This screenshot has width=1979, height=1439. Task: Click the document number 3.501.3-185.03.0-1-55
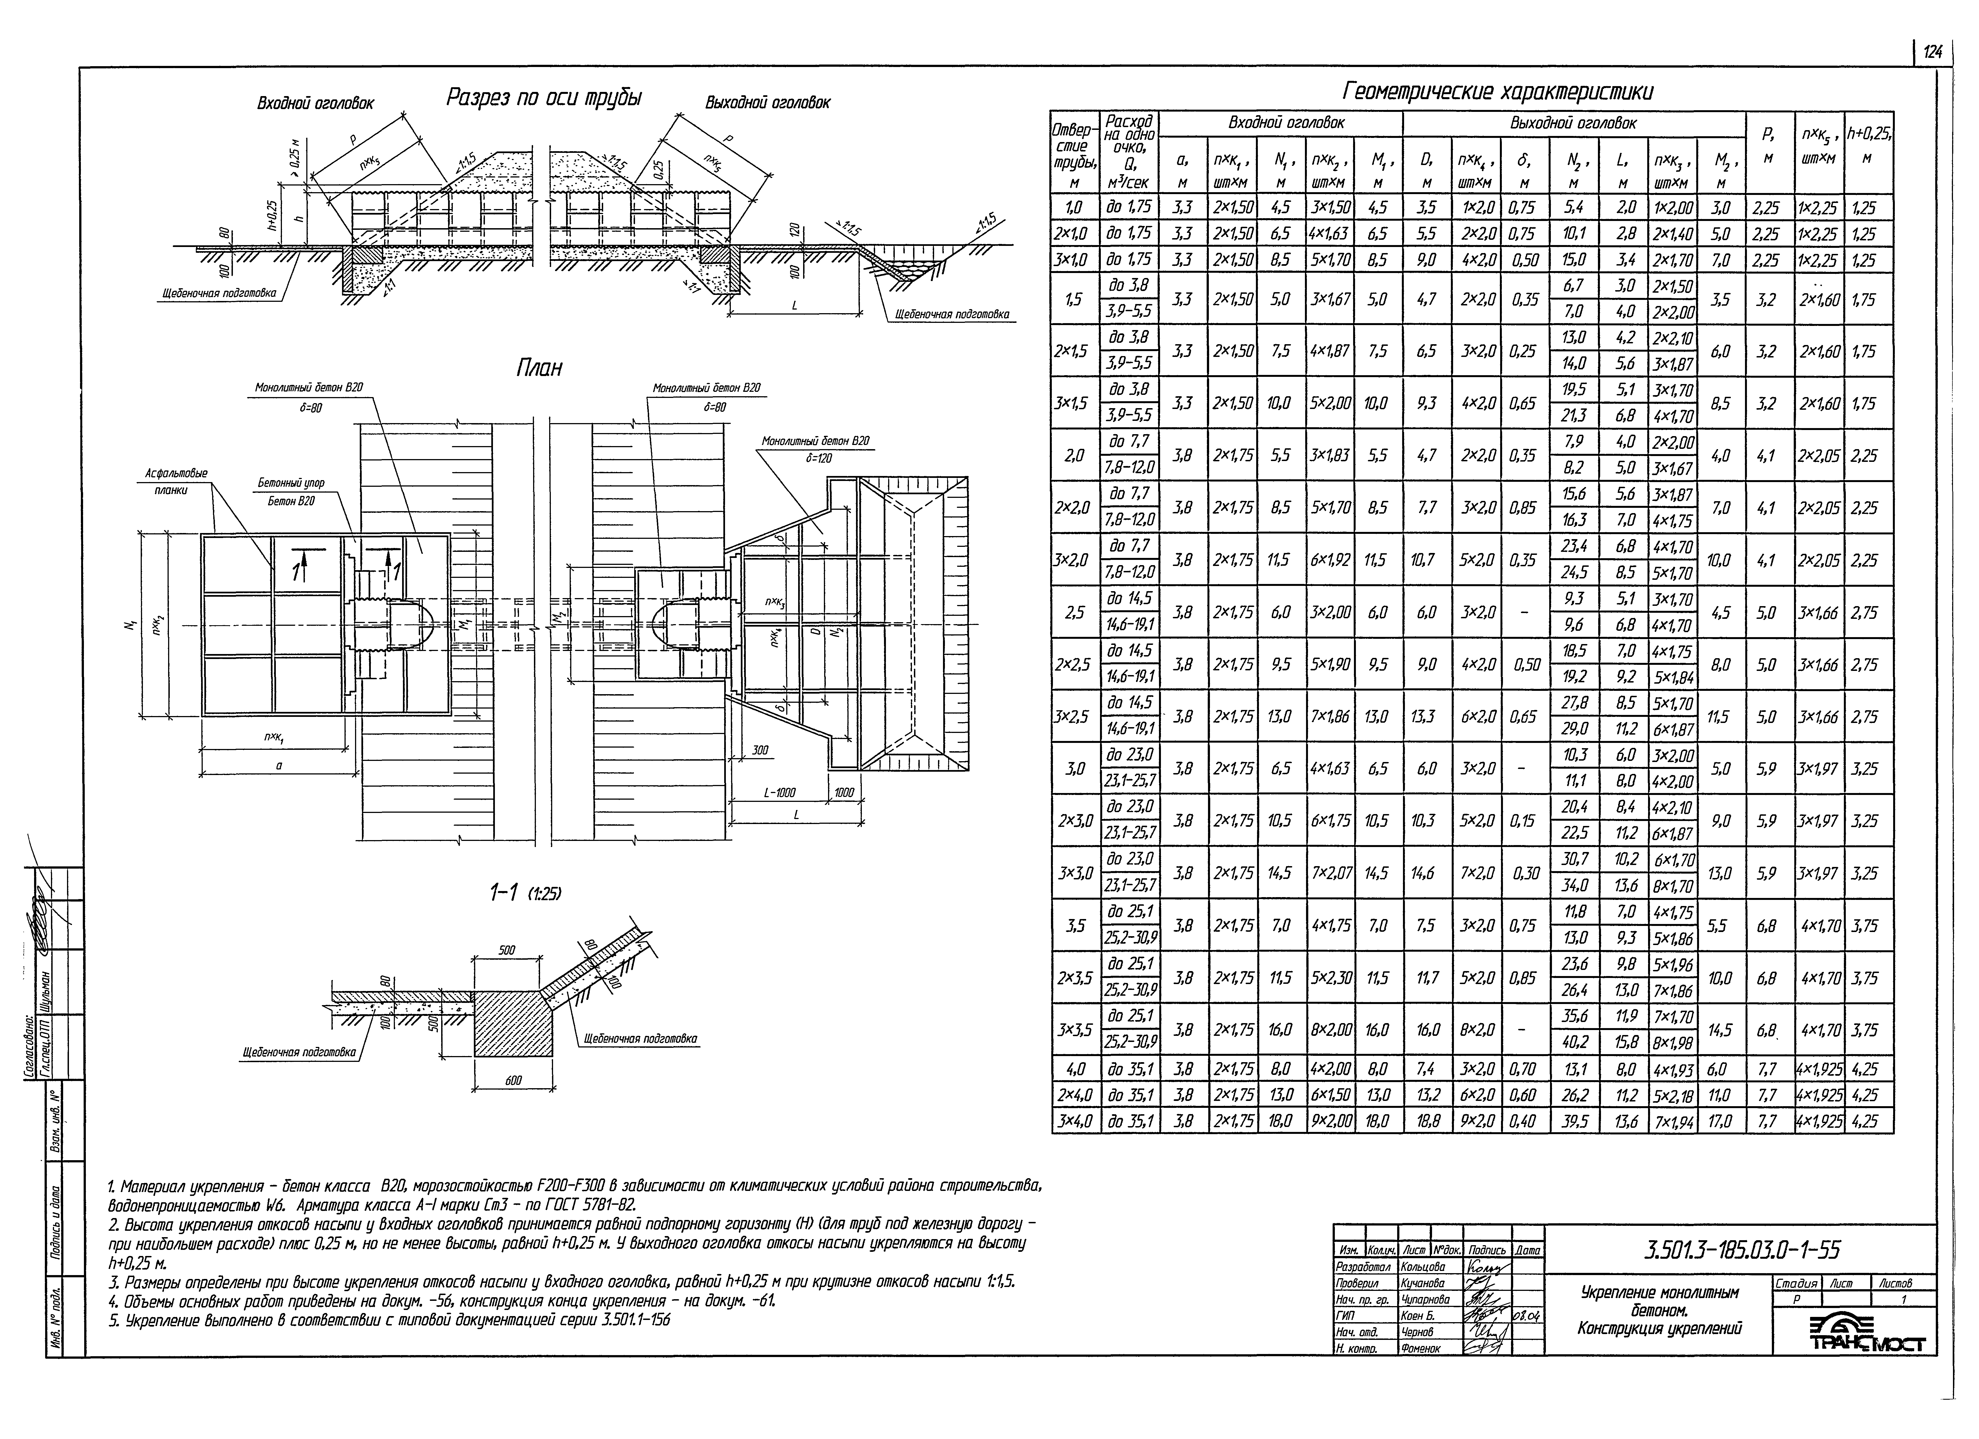[x=1741, y=1250]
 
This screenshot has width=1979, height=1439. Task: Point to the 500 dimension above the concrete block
[x=506, y=950]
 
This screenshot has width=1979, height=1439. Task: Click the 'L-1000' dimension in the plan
[x=779, y=792]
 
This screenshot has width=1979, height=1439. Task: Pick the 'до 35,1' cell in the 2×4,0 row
[x=1131, y=1095]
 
